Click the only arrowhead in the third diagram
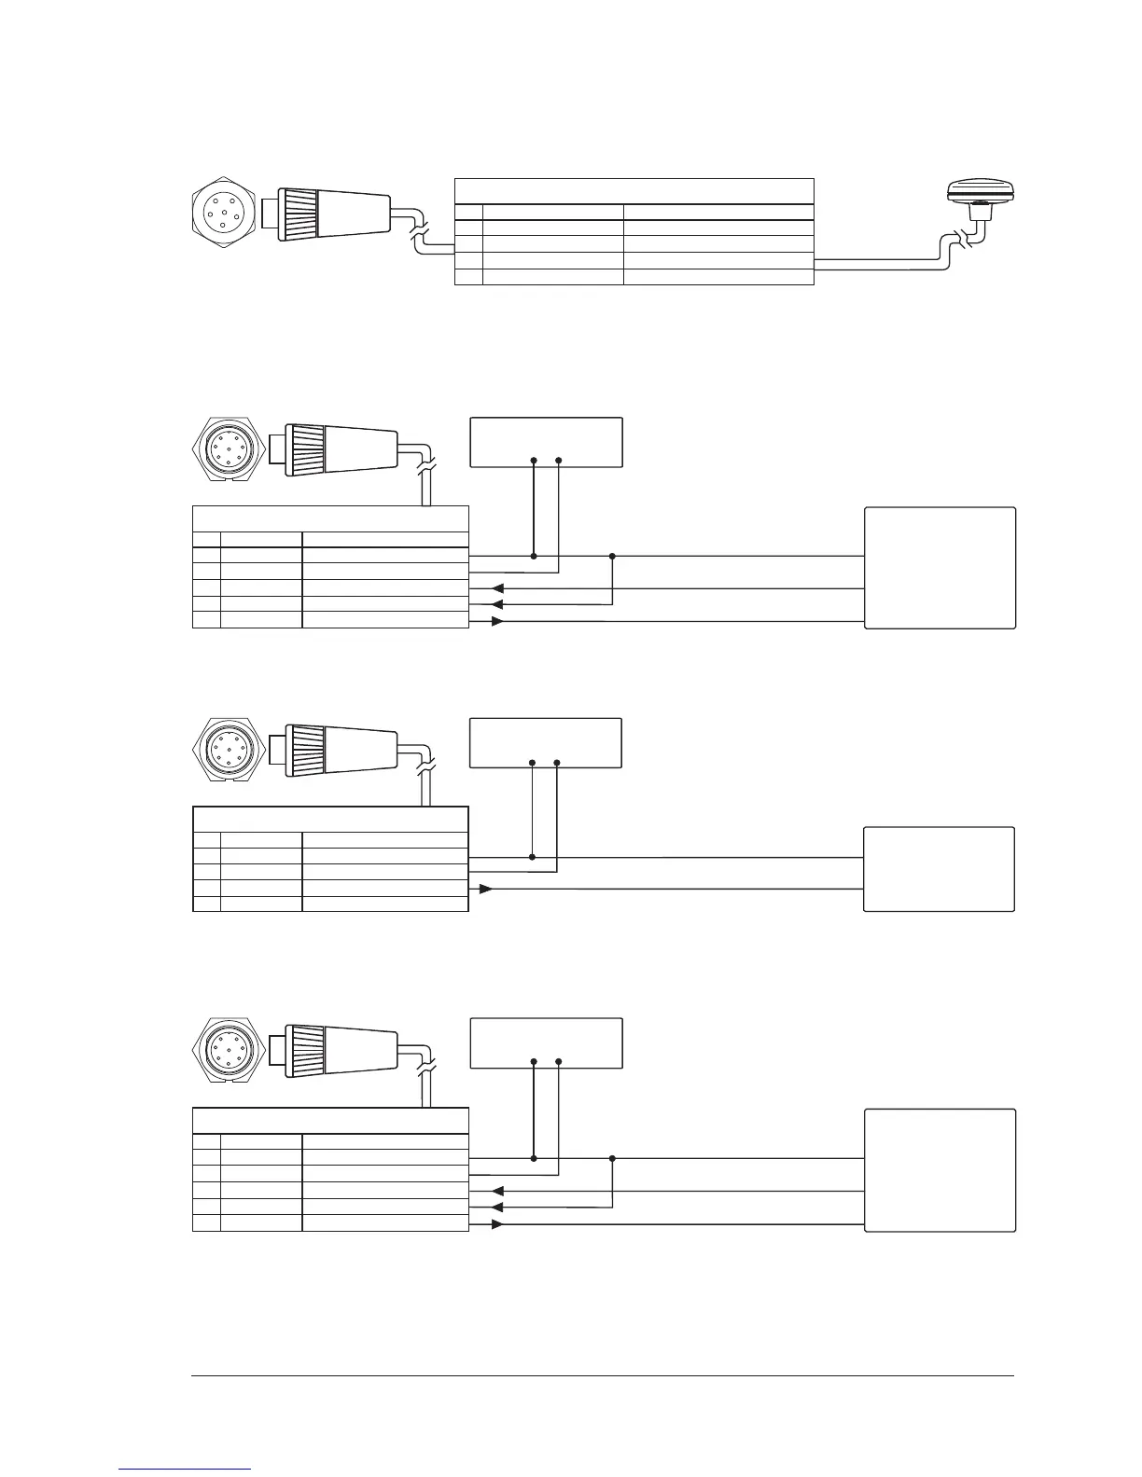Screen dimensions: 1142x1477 [x=485, y=889]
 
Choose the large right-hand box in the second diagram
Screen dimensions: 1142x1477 [x=940, y=568]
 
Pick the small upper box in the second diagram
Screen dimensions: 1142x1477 [x=546, y=442]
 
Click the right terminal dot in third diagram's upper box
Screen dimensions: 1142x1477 [x=557, y=763]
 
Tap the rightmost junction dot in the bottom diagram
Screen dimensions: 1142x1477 [x=612, y=1159]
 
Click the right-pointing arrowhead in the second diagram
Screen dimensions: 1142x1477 [x=497, y=622]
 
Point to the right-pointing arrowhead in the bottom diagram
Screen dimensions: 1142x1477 [x=497, y=1224]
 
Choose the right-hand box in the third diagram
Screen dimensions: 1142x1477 [x=939, y=868]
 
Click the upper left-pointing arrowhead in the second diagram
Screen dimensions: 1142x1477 [x=497, y=589]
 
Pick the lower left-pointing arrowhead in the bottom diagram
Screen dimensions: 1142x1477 [x=497, y=1207]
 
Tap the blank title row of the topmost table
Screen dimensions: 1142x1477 [x=634, y=190]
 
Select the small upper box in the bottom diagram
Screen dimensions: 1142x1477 [x=546, y=1043]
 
